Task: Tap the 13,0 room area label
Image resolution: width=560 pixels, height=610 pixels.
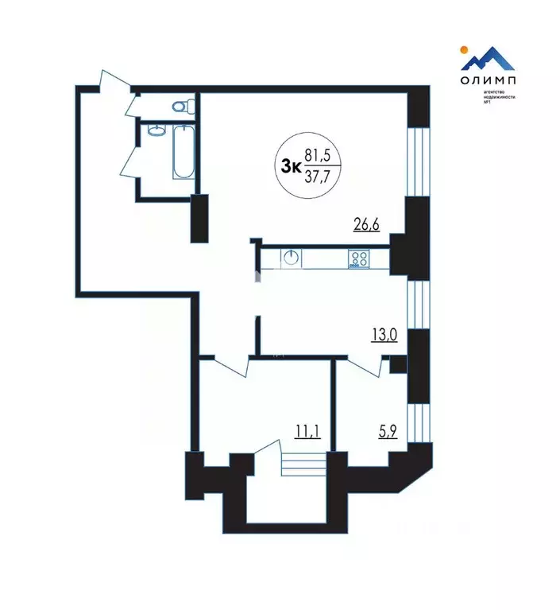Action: coord(384,333)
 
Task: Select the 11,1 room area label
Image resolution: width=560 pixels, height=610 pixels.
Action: coord(307,432)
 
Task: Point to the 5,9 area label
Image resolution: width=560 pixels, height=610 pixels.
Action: coord(388,432)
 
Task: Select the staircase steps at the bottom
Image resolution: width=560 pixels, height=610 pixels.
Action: coord(304,463)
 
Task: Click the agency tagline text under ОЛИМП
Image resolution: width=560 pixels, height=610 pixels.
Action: coord(500,100)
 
